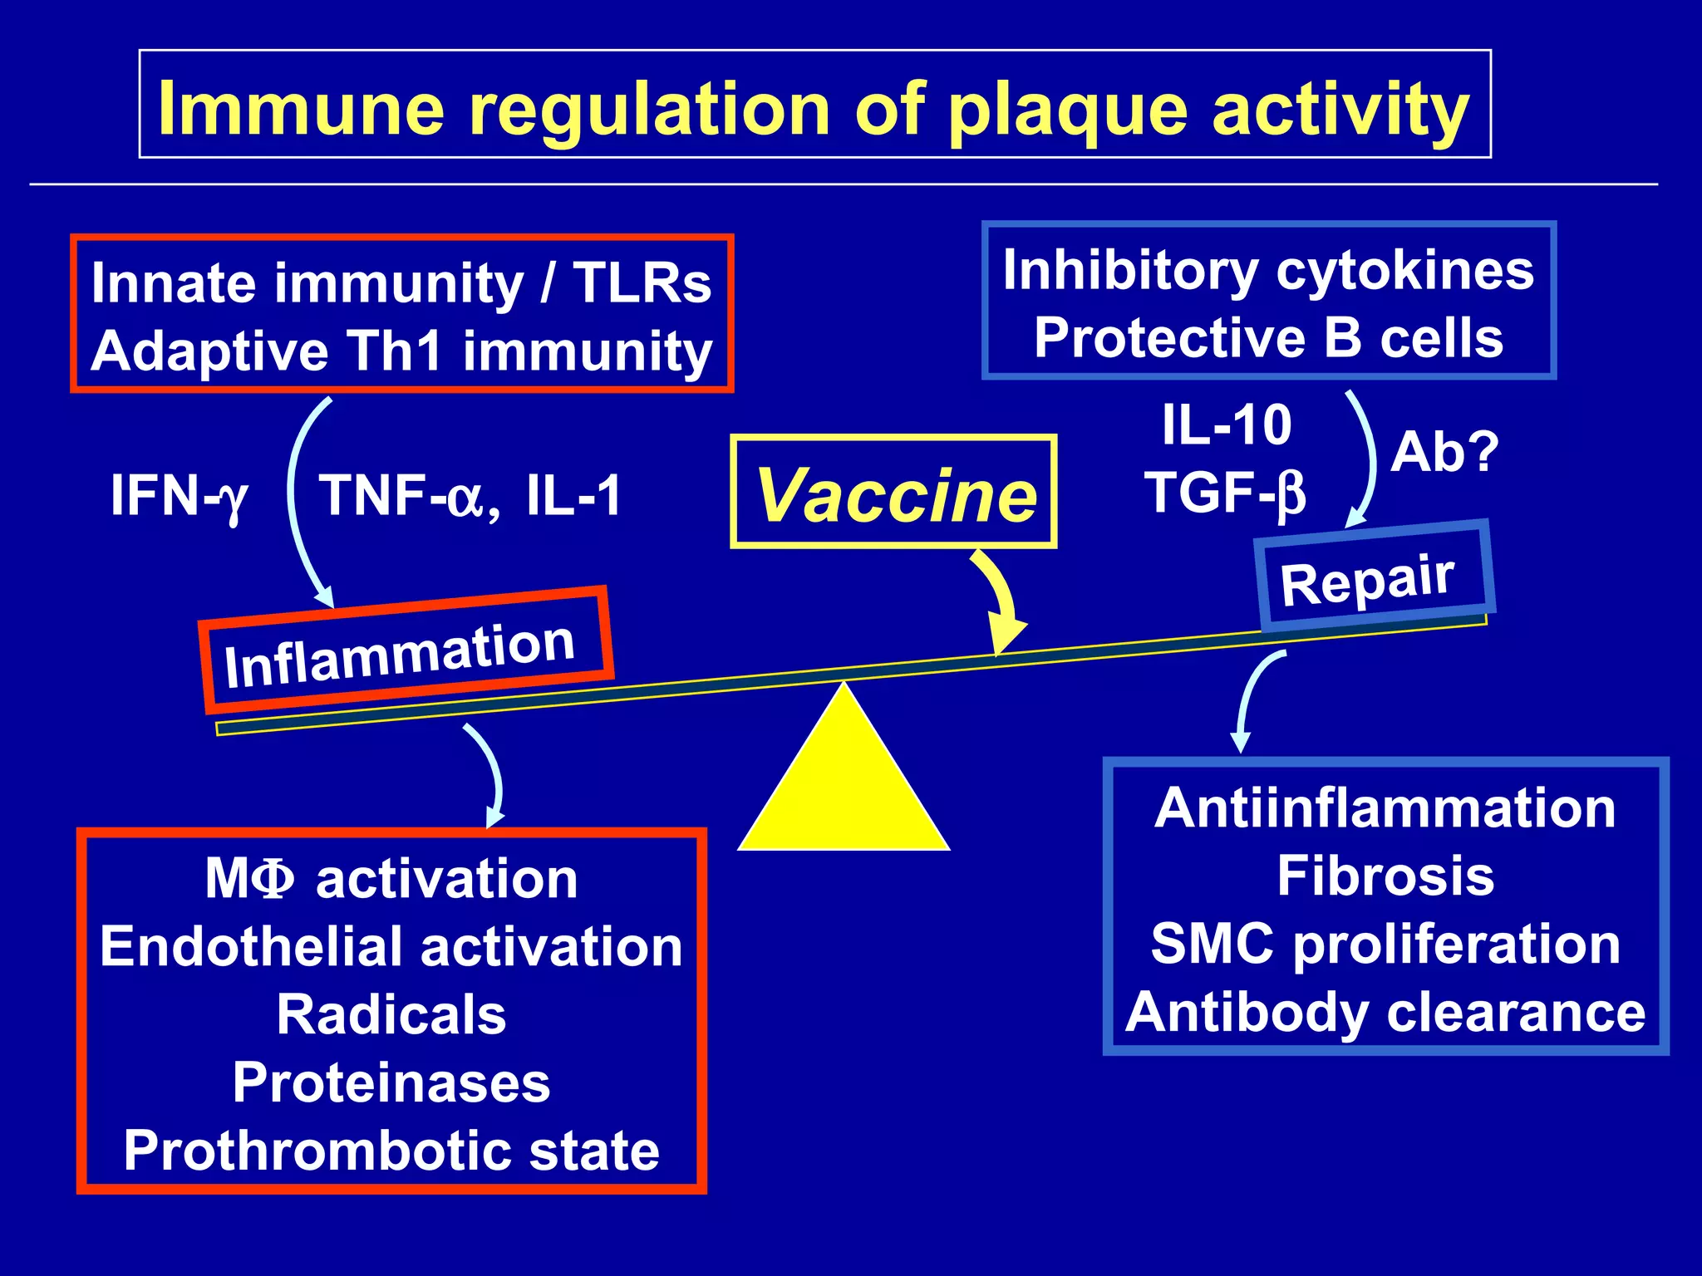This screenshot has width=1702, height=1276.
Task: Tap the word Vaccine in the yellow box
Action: click(895, 494)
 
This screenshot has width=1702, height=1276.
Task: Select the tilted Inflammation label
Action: click(400, 654)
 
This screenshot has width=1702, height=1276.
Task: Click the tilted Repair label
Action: click(1368, 579)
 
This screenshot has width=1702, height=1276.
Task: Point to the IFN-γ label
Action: click(180, 496)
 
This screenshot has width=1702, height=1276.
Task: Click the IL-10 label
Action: click(1226, 425)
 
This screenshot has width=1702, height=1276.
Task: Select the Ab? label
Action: click(1444, 453)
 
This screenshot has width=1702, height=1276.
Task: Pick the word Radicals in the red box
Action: click(391, 1014)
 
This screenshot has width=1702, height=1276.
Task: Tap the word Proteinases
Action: click(391, 1082)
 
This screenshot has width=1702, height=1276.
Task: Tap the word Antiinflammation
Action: click(1385, 807)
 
